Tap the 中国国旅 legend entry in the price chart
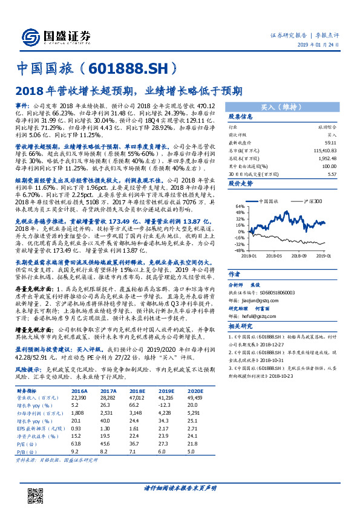[270, 184]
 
